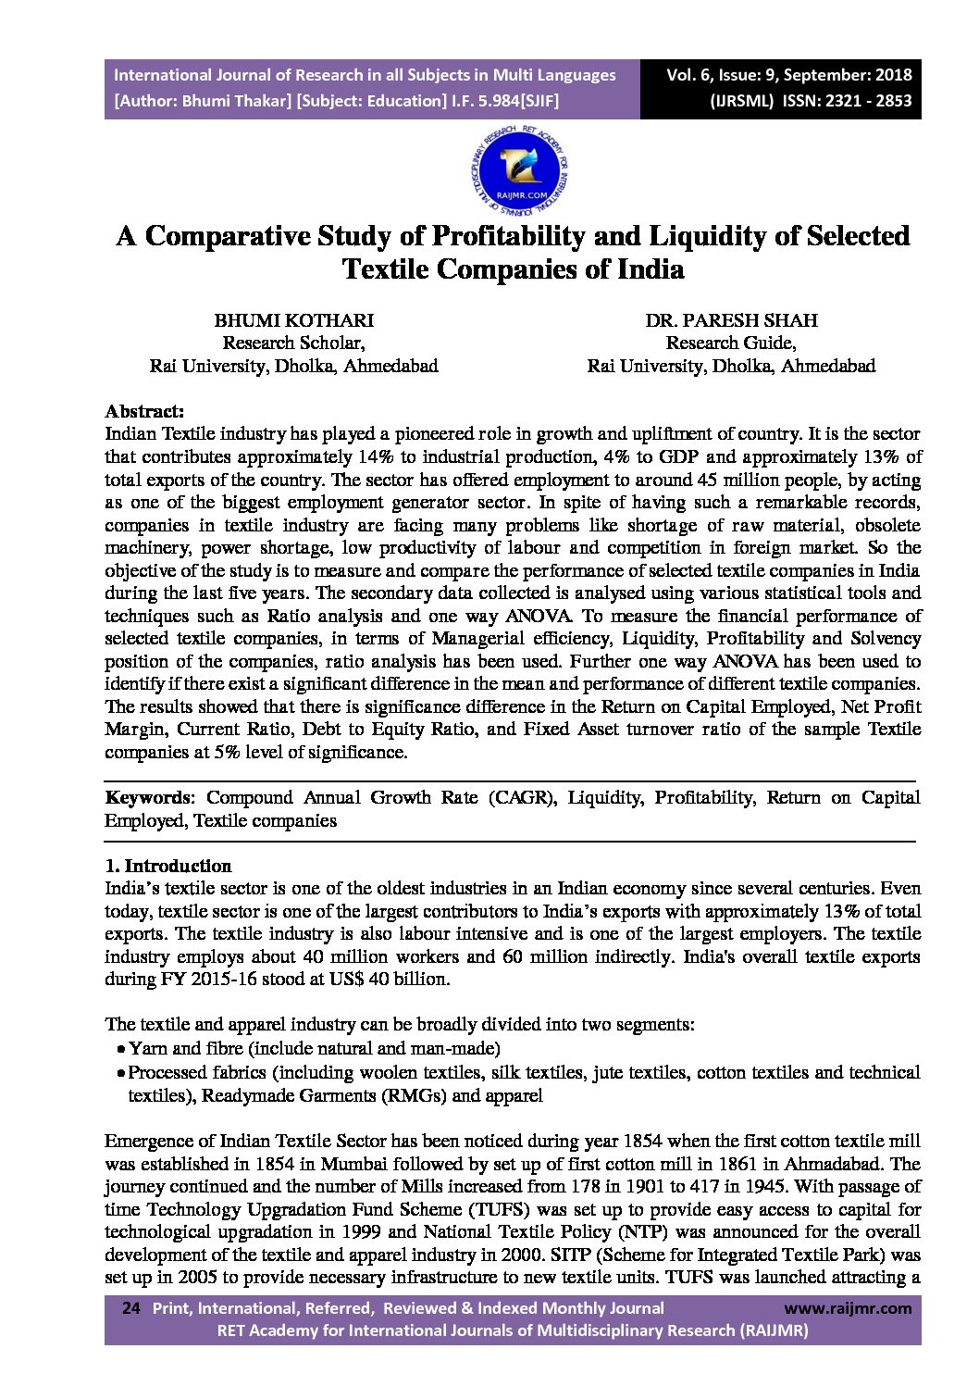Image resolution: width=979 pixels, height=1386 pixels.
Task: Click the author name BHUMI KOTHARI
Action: (293, 320)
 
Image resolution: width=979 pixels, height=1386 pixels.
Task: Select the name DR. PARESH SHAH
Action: (731, 320)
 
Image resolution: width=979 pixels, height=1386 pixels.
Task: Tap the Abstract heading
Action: (144, 410)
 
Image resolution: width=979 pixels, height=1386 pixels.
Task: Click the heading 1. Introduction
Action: (168, 867)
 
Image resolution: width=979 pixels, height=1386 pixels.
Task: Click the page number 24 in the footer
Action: (130, 1308)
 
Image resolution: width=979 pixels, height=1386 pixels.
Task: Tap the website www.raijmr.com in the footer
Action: (847, 1308)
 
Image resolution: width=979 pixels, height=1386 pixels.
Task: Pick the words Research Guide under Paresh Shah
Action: (731, 343)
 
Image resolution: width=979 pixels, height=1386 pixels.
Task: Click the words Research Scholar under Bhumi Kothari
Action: (293, 343)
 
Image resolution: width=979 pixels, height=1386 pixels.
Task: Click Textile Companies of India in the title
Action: (513, 270)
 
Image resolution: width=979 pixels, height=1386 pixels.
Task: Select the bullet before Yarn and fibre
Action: (121, 1050)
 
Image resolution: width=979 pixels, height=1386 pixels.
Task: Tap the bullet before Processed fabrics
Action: (121, 1074)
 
